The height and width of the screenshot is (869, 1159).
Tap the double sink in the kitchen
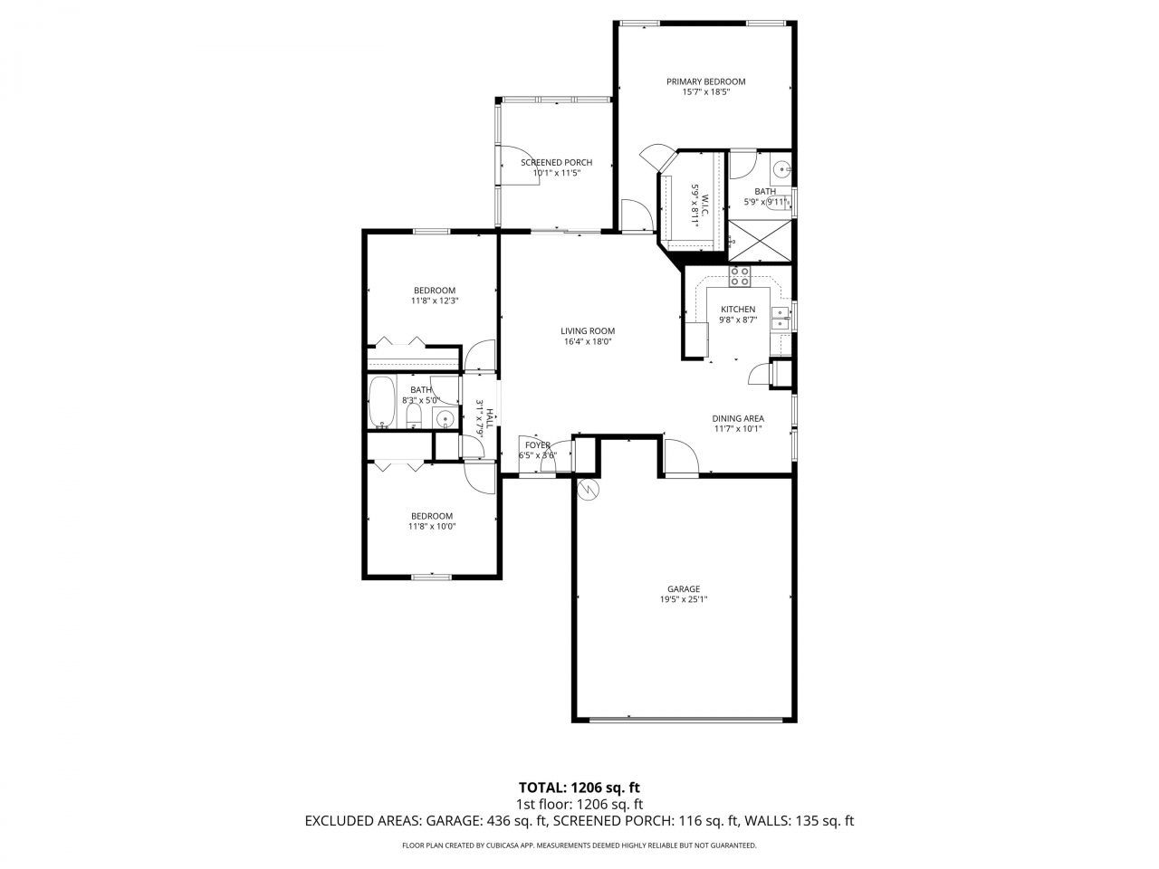[780, 317]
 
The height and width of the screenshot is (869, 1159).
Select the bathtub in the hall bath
[382, 402]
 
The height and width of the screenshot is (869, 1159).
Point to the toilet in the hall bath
[413, 415]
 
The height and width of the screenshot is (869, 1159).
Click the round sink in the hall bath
[444, 418]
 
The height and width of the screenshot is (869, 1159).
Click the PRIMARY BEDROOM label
[705, 81]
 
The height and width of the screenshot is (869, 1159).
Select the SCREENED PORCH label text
[556, 163]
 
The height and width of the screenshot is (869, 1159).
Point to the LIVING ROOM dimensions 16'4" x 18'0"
[587, 342]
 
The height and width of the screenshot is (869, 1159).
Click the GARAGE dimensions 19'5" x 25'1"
[683, 599]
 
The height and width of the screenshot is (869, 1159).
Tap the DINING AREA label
[739, 418]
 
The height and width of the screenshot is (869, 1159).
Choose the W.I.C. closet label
[701, 191]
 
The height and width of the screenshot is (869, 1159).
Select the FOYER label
[537, 445]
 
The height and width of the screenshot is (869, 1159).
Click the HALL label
[489, 418]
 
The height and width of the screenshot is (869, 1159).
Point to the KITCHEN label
[737, 310]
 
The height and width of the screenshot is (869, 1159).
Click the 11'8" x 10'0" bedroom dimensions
[431, 526]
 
